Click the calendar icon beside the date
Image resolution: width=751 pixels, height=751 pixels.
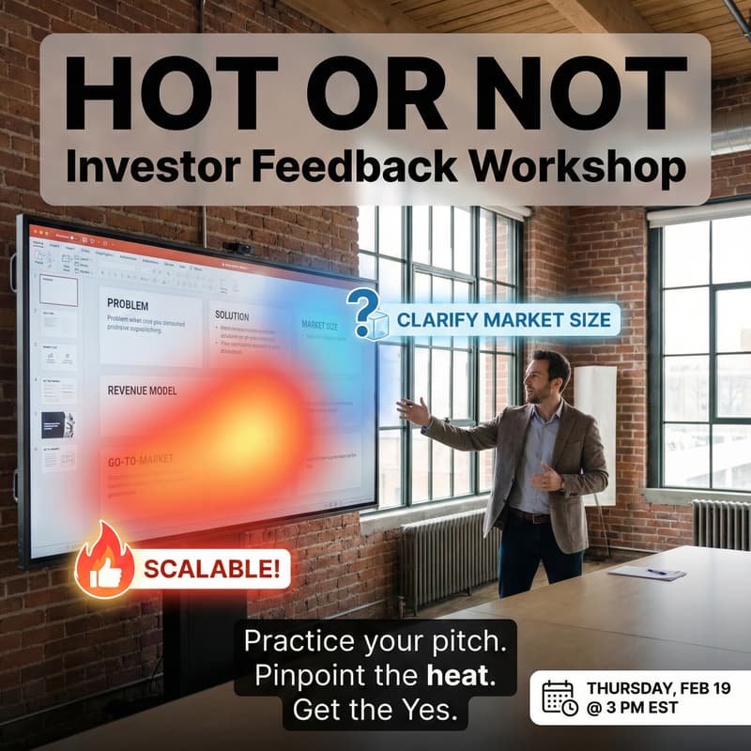tap(560, 697)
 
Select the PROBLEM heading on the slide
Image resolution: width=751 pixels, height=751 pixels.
tap(128, 304)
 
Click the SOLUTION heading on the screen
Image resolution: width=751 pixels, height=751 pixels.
tap(232, 315)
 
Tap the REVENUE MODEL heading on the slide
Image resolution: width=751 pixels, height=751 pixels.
tap(142, 391)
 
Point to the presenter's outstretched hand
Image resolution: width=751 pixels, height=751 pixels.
tap(410, 411)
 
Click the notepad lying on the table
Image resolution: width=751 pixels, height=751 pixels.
tap(647, 572)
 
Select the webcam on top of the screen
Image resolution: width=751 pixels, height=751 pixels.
tap(237, 247)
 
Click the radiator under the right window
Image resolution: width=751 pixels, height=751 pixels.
tap(721, 525)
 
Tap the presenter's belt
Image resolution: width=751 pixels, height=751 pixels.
tap(529, 516)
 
